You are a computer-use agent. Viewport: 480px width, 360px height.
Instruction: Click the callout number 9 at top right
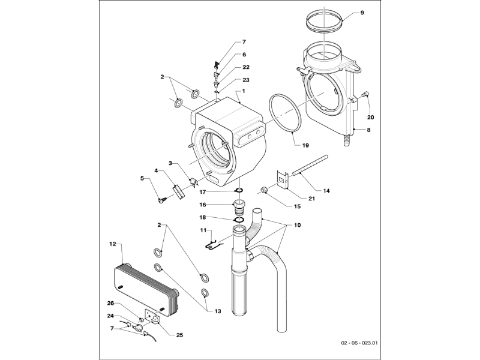(x=361, y=12)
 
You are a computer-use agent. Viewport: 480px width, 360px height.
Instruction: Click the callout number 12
(x=112, y=244)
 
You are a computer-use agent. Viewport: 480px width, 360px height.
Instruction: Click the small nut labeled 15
(x=263, y=191)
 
